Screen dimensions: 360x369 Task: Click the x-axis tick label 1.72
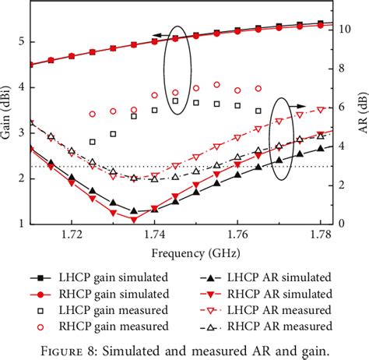click(x=72, y=234)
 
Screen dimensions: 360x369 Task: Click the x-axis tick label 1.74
click(x=155, y=234)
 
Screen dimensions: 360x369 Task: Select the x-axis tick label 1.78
click(x=320, y=234)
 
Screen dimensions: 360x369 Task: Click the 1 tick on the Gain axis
click(x=21, y=224)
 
